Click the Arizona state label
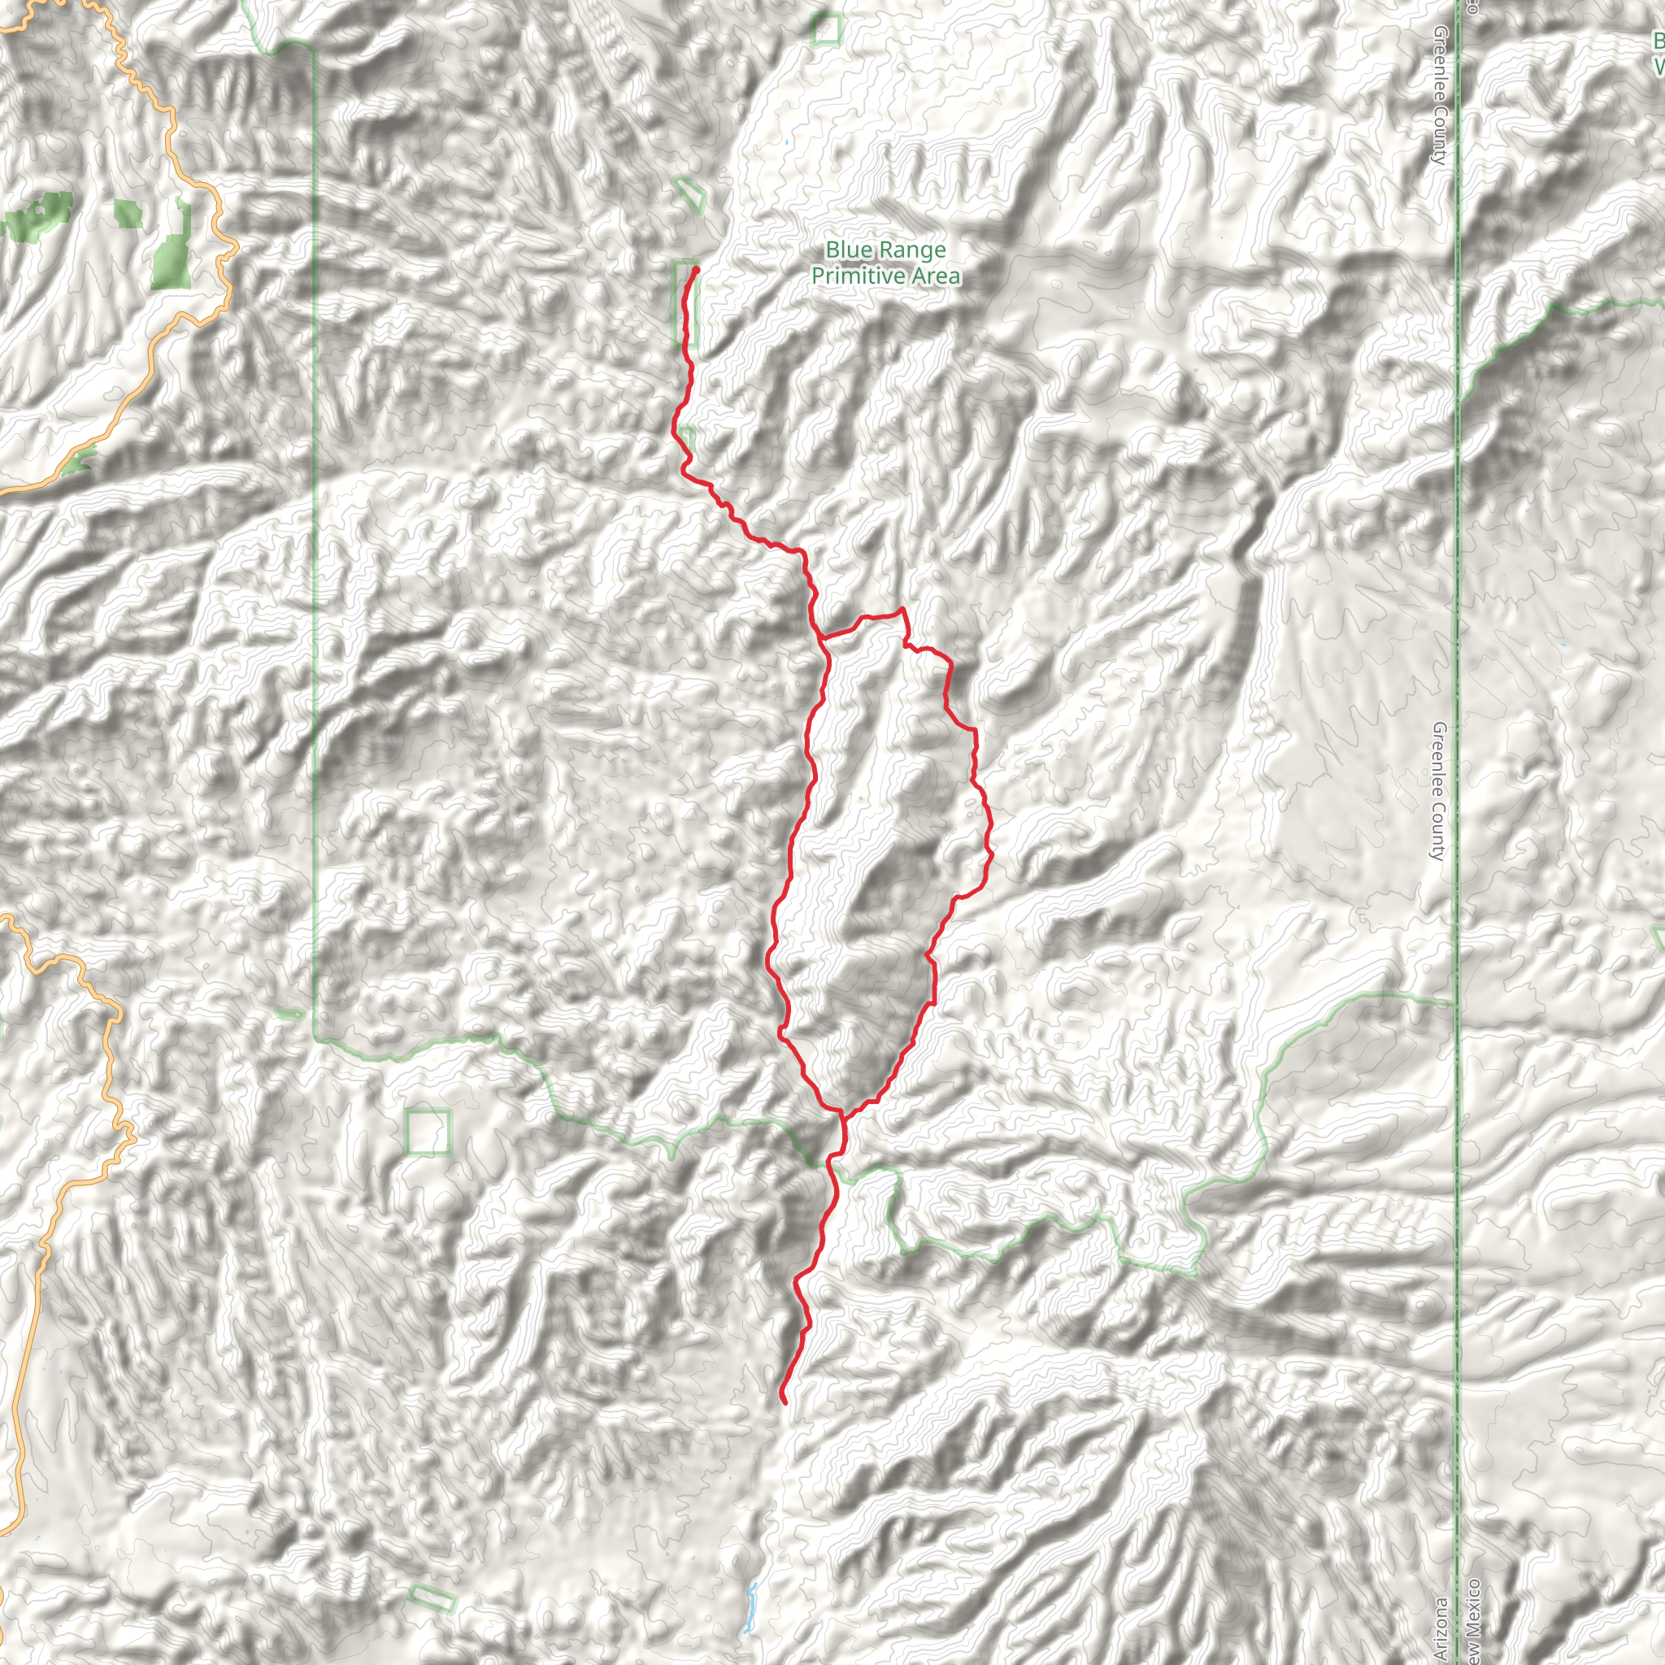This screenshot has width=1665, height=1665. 1440,1628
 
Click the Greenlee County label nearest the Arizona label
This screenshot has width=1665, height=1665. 1437,791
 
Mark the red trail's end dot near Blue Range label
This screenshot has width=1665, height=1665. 695,270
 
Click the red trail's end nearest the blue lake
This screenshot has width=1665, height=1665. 784,1402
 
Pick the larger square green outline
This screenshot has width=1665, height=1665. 428,1132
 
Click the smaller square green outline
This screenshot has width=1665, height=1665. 827,29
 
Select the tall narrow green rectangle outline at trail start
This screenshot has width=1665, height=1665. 685,303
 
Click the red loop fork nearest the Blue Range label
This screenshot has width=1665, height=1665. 820,638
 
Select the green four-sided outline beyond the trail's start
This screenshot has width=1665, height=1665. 690,193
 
